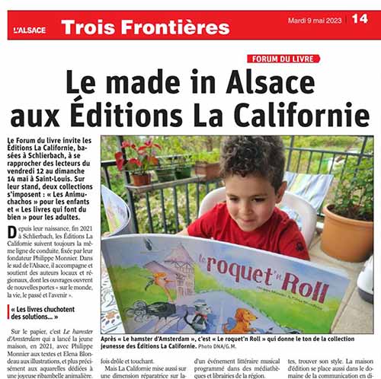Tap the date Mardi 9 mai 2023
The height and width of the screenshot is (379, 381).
tap(315, 20)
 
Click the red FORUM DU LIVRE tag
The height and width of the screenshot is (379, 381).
tap(283, 59)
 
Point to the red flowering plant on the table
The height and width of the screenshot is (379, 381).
tap(136, 155)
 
